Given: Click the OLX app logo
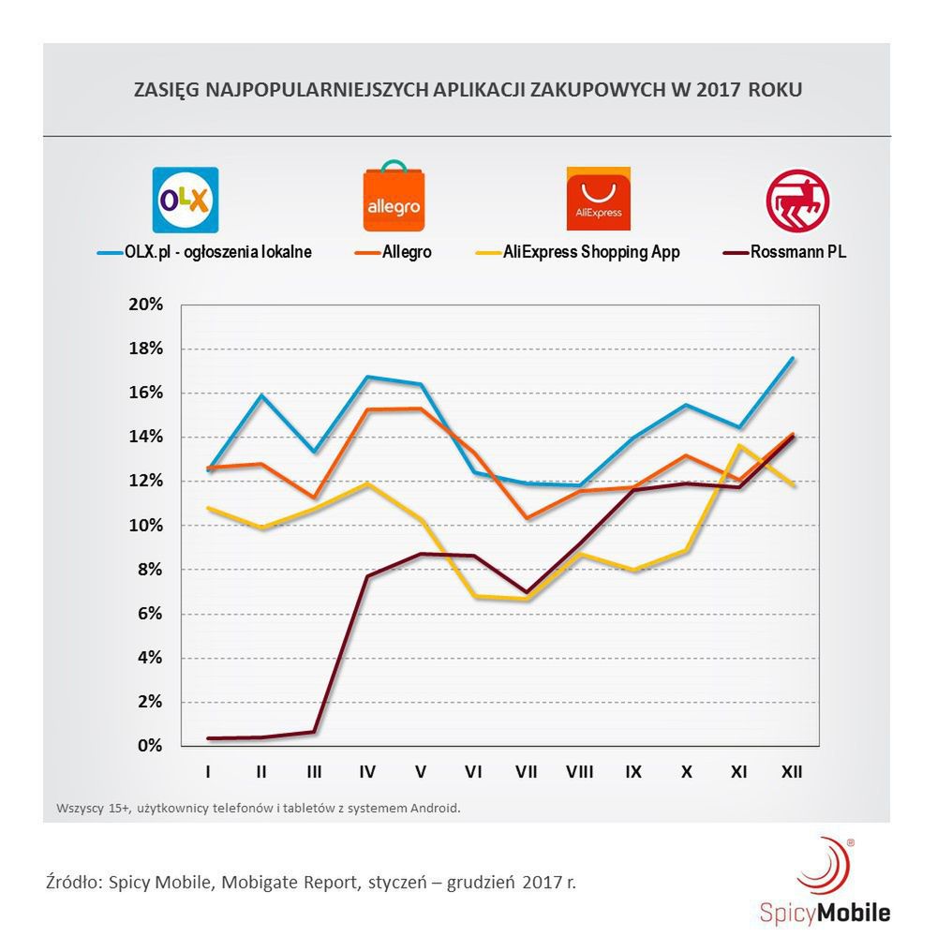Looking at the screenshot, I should click(x=186, y=200).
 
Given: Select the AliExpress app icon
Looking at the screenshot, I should click(x=598, y=199).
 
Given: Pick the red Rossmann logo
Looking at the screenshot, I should click(x=797, y=200).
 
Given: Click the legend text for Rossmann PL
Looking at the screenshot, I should click(x=797, y=252).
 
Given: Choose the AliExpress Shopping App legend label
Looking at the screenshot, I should click(x=591, y=252).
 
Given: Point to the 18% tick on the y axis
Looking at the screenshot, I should click(x=145, y=350).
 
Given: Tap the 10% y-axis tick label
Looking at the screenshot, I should click(x=145, y=526).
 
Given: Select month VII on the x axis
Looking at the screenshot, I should click(x=527, y=773).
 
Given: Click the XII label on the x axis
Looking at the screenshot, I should click(x=793, y=773).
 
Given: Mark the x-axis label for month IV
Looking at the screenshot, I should click(x=367, y=773).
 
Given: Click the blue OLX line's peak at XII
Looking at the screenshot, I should click(x=793, y=358).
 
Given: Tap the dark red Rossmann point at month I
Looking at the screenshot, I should click(x=208, y=738).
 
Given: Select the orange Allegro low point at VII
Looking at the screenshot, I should click(x=527, y=518).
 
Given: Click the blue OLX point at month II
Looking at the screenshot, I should click(x=261, y=395).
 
